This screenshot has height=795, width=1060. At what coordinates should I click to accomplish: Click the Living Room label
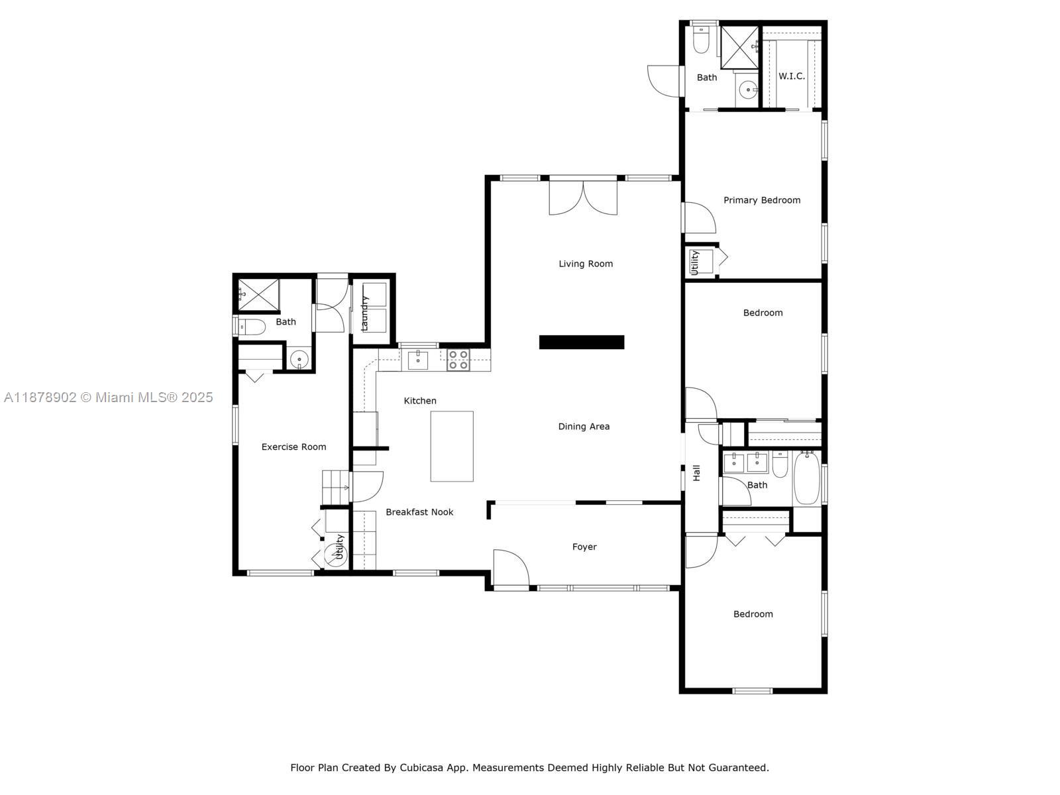(x=585, y=264)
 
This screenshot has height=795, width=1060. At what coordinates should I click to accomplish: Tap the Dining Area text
(x=584, y=426)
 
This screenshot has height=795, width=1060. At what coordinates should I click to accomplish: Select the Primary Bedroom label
(x=762, y=200)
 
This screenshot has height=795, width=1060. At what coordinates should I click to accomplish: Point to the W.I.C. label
(x=792, y=76)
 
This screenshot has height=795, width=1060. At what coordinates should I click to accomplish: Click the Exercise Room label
(x=293, y=447)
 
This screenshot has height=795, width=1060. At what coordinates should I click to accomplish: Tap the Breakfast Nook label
(x=419, y=511)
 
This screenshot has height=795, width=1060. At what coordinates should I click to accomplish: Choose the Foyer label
(x=584, y=547)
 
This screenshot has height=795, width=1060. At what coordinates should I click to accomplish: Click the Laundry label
(x=364, y=313)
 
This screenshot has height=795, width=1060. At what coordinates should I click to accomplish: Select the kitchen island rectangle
(x=452, y=446)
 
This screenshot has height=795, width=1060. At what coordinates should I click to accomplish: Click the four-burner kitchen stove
(x=458, y=360)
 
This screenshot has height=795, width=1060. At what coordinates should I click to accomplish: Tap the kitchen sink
(x=418, y=360)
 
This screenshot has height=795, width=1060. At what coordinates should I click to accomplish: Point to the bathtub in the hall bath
(x=806, y=478)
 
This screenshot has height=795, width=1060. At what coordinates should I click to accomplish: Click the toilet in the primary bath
(x=700, y=39)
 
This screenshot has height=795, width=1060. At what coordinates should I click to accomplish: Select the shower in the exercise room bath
(x=258, y=294)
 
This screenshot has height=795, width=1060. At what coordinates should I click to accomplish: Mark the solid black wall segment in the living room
(x=582, y=342)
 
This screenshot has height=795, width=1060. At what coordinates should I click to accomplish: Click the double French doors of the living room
(x=583, y=197)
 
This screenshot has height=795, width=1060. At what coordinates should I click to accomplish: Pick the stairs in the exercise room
(x=336, y=488)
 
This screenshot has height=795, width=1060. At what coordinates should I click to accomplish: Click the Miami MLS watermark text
(x=108, y=397)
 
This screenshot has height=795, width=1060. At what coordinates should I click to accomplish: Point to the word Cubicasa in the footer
(x=421, y=767)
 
